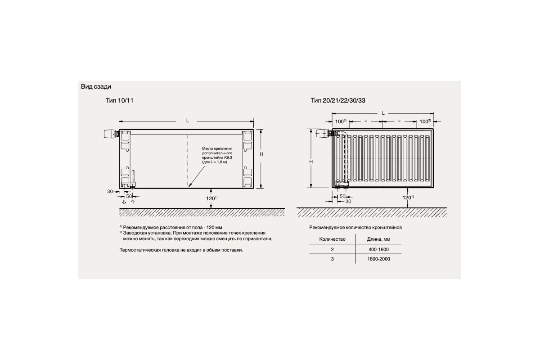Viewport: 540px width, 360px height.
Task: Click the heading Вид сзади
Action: (96, 86)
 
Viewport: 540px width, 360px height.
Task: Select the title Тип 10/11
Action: (119, 100)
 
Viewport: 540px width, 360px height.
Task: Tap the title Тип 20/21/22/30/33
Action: (337, 100)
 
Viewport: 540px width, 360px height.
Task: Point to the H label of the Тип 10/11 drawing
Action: (261, 154)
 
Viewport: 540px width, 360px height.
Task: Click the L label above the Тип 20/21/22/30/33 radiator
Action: (383, 113)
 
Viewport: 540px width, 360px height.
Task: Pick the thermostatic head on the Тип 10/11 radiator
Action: (108, 134)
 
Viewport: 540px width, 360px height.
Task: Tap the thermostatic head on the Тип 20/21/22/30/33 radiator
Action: (323, 133)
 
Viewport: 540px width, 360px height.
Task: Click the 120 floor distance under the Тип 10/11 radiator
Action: (210, 198)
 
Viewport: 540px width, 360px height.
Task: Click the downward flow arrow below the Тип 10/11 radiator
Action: (124, 202)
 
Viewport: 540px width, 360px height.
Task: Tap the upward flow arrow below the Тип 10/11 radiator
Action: (132, 202)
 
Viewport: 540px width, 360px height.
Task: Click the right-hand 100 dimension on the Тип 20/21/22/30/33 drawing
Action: (425, 121)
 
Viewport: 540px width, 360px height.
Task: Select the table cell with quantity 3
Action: (332, 259)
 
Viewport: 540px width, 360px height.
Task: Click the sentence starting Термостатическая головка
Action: (181, 250)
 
